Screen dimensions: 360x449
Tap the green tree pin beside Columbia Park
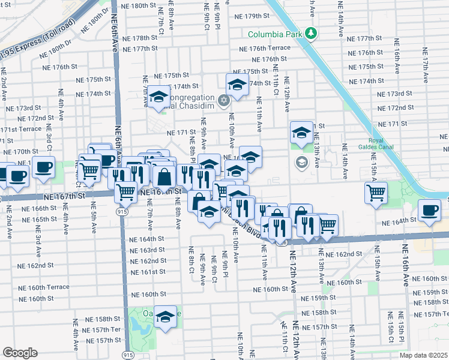(x=310, y=32)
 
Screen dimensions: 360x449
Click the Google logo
(x=20, y=353)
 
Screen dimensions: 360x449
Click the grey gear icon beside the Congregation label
(x=224, y=100)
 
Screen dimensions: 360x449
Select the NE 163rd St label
(x=147, y=250)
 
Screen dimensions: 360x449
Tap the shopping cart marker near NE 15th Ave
(x=376, y=193)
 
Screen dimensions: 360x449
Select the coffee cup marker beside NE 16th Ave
(x=430, y=210)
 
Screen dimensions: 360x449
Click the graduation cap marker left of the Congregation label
(x=159, y=97)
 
